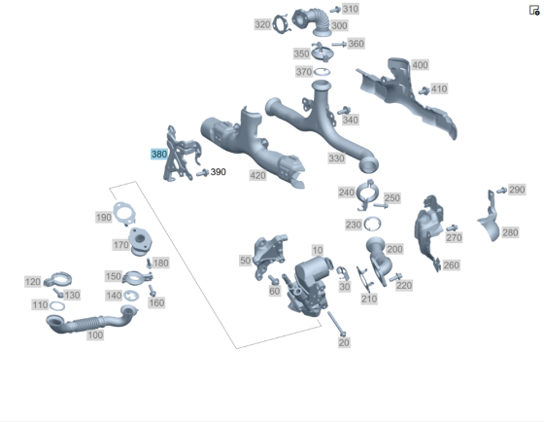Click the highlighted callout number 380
[159, 154]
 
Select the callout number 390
[219, 172]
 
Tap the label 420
[257, 175]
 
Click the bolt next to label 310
[335, 10]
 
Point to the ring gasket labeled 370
[322, 72]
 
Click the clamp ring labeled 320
[281, 24]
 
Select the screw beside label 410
[424, 91]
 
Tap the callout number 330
[336, 158]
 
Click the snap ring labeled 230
[372, 224]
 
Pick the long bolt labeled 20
[336, 324]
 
